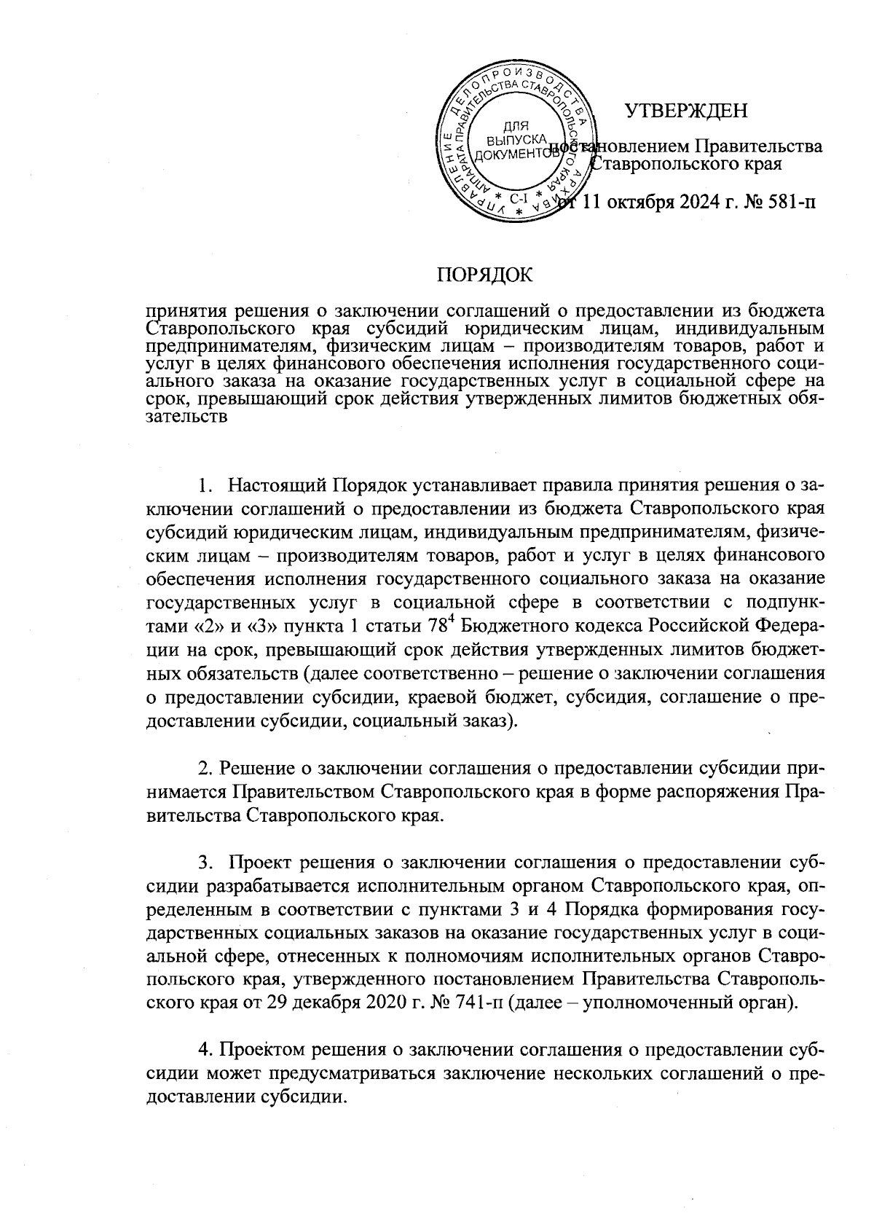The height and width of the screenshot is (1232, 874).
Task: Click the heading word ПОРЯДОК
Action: [484, 275]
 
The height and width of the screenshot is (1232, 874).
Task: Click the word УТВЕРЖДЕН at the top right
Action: [686, 111]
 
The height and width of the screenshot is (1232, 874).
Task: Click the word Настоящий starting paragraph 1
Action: [277, 485]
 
